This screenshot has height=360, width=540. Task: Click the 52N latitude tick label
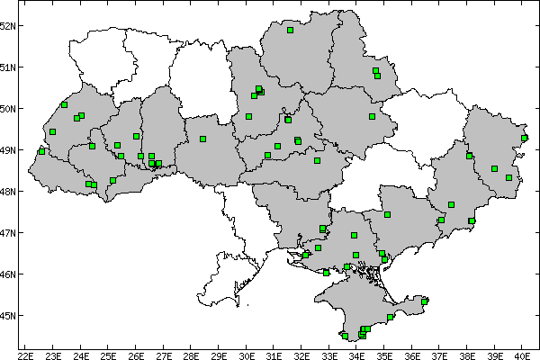pyautogui.click(x=9, y=25)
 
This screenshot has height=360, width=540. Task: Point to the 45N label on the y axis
pyautogui.click(x=9, y=316)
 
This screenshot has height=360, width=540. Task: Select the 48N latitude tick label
pyautogui.click(x=9, y=192)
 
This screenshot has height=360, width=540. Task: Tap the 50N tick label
pyautogui.click(x=9, y=109)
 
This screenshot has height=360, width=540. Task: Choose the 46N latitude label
pyautogui.click(x=9, y=274)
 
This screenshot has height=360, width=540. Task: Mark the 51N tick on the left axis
pyautogui.click(x=9, y=67)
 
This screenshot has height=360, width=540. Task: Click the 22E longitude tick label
pyautogui.click(x=26, y=355)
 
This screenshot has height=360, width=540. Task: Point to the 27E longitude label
pyautogui.click(x=164, y=355)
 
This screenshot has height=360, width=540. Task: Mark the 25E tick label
pyautogui.click(x=109, y=355)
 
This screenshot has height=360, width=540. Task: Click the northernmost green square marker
pyautogui.click(x=291, y=30)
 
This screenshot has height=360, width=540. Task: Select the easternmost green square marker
pyautogui.click(x=524, y=138)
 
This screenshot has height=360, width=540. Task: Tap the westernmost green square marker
pyautogui.click(x=41, y=151)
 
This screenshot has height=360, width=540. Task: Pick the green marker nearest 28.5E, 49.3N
pyautogui.click(x=203, y=139)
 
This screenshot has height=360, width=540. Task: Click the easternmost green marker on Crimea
pyautogui.click(x=425, y=301)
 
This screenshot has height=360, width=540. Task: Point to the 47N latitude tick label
pyautogui.click(x=9, y=233)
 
